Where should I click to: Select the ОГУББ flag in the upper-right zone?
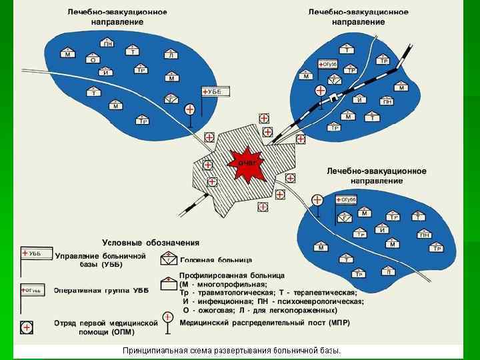pos(329,63)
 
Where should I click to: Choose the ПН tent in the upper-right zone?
pos(387,101)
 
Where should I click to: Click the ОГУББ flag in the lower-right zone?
pos(346,199)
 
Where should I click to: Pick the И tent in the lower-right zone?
pos(382,230)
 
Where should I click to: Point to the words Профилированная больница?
pos(232,275)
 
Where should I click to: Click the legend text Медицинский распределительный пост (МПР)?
pos(265,323)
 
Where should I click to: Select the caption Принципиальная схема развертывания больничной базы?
pos(231,350)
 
